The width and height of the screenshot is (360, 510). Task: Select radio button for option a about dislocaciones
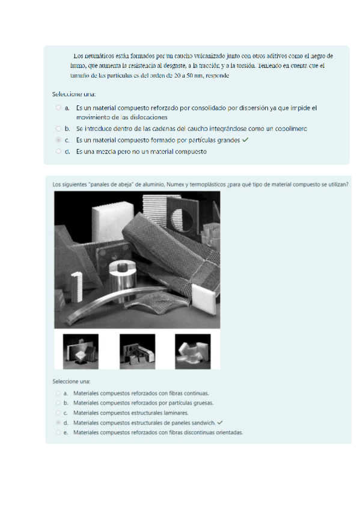(58, 108)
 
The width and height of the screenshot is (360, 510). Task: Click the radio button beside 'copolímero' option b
(58, 129)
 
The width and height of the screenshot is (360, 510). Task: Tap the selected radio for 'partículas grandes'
(58, 140)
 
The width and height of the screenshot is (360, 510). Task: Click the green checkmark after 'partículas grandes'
(245, 140)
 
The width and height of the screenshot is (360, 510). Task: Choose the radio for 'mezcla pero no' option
(58, 151)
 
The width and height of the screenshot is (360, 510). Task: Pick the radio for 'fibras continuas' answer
(58, 393)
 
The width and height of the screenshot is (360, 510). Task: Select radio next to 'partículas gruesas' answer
(58, 403)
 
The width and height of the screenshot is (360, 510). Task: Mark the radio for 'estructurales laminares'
(58, 413)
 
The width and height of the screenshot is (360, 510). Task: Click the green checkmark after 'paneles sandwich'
(220, 423)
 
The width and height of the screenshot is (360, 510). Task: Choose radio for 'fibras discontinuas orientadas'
(58, 432)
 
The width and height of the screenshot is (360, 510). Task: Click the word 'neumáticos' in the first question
(96, 56)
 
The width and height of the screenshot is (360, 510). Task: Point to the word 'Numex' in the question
(174, 185)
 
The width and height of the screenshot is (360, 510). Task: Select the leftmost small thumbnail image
(81, 352)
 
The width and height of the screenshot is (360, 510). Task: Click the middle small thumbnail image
(138, 352)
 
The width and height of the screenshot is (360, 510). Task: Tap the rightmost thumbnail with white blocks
(193, 352)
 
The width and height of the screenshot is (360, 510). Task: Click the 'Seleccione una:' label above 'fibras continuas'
(72, 381)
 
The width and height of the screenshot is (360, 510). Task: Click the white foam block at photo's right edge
(204, 298)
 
